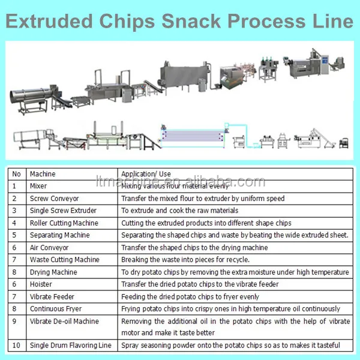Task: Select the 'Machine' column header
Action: point(43,174)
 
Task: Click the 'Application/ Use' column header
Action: point(146,174)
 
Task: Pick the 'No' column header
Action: point(16,174)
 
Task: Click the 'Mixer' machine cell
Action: point(38,186)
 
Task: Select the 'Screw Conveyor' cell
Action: point(54,199)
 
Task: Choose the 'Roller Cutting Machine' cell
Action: point(64,223)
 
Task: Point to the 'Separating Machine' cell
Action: point(59,235)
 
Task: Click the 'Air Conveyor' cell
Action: point(49,248)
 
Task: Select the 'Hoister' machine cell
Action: point(40,284)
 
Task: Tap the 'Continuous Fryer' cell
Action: point(55,309)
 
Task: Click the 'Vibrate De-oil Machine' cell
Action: point(64,321)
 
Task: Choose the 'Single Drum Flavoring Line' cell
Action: point(70,346)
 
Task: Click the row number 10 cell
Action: point(17,346)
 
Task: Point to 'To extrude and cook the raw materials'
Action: point(179,211)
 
